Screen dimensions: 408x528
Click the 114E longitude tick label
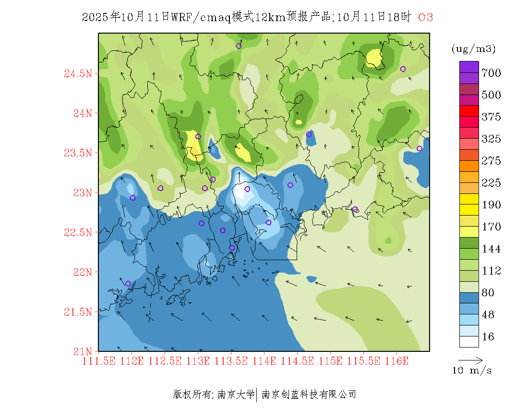pyautogui.click(x=264, y=361)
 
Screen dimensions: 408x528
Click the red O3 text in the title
pyautogui.click(x=426, y=17)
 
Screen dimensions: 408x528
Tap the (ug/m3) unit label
pyautogui.click(x=474, y=48)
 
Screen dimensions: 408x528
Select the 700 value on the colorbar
pyautogui.click(x=492, y=73)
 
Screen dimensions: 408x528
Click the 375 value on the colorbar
pyautogui.click(x=492, y=117)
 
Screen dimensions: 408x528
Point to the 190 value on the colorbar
pyautogui.click(x=492, y=205)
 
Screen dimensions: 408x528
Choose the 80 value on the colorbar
pyautogui.click(x=488, y=293)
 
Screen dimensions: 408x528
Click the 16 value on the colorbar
pyautogui.click(x=488, y=337)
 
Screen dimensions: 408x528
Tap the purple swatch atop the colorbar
pyautogui.click(x=469, y=67)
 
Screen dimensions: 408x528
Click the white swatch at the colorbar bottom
pyautogui.click(x=469, y=341)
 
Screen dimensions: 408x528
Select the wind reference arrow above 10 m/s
pyautogui.click(x=470, y=360)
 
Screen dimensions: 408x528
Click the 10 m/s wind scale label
pyautogui.click(x=472, y=371)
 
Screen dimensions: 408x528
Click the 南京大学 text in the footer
pyautogui.click(x=236, y=395)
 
